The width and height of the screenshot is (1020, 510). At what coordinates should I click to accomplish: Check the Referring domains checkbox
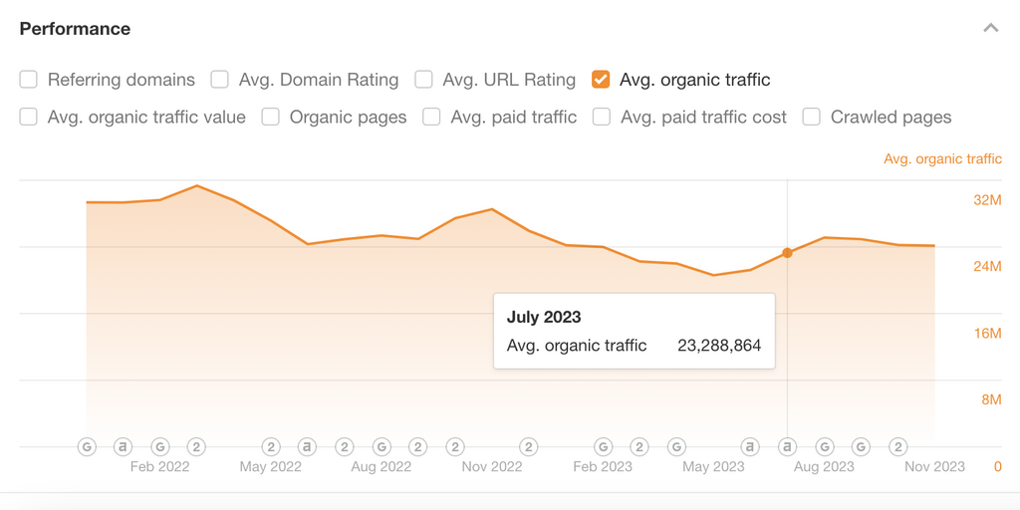pos(28,80)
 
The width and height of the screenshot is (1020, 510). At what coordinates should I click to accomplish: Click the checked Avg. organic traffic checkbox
pos(601,80)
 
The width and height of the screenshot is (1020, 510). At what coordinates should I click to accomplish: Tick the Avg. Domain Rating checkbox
pos(219,80)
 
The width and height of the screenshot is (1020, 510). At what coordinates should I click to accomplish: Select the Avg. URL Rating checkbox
pos(423,80)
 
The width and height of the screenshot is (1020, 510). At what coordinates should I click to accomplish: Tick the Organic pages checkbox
pos(270,118)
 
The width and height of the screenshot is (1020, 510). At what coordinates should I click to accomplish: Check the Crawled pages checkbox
pos(812,118)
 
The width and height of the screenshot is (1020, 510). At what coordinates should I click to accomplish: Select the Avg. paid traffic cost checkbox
pos(601,118)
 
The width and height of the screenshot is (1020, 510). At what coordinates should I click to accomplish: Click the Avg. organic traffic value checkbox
pos(28,118)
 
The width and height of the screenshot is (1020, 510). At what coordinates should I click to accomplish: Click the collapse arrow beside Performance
pos(990,28)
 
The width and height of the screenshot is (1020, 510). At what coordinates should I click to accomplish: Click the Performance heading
pos(75,29)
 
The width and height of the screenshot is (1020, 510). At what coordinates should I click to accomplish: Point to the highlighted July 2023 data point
pos(788,253)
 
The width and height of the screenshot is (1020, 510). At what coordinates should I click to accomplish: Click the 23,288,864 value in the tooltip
pos(719,346)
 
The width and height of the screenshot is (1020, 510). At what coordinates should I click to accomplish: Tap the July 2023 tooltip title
pos(544,317)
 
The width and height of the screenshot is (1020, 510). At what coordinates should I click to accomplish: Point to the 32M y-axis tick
pos(987,200)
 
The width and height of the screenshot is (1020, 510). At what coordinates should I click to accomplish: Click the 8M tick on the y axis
pos(990,399)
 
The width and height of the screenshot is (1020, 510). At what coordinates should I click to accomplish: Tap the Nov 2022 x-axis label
pos(492,466)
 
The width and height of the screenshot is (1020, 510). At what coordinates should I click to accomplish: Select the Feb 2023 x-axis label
pos(603,466)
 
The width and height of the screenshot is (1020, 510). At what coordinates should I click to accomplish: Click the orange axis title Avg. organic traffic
pos(942,159)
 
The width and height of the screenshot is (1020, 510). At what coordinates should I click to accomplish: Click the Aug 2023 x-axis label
pos(824,466)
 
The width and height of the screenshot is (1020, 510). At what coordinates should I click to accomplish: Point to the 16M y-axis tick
pos(987,333)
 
